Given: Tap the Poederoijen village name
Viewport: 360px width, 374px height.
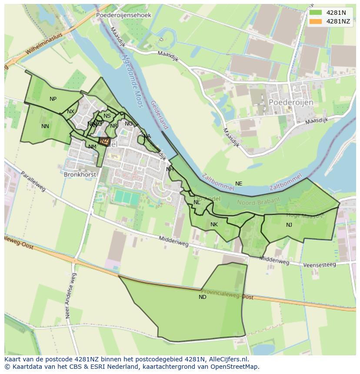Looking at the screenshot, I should pos(291,102).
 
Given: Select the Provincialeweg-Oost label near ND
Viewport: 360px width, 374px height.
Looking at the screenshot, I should pos(227,294).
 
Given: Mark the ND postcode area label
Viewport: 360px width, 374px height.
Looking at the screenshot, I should pos(203,297).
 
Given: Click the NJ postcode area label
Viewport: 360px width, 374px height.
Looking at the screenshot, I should pos(289,225).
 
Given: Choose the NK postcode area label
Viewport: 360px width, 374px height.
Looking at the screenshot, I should pos(214,225).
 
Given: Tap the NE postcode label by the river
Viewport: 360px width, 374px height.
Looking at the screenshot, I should pos(239,184).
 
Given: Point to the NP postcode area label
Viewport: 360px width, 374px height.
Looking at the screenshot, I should pos(53,99).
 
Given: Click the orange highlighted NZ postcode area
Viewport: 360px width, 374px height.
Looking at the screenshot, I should pos(104,141).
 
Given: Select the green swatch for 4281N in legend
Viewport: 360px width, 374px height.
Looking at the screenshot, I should pos(316,13).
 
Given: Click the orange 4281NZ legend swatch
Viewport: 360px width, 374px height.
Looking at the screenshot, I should pos(316,21).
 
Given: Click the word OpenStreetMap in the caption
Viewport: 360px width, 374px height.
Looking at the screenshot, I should pos(238,367).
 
